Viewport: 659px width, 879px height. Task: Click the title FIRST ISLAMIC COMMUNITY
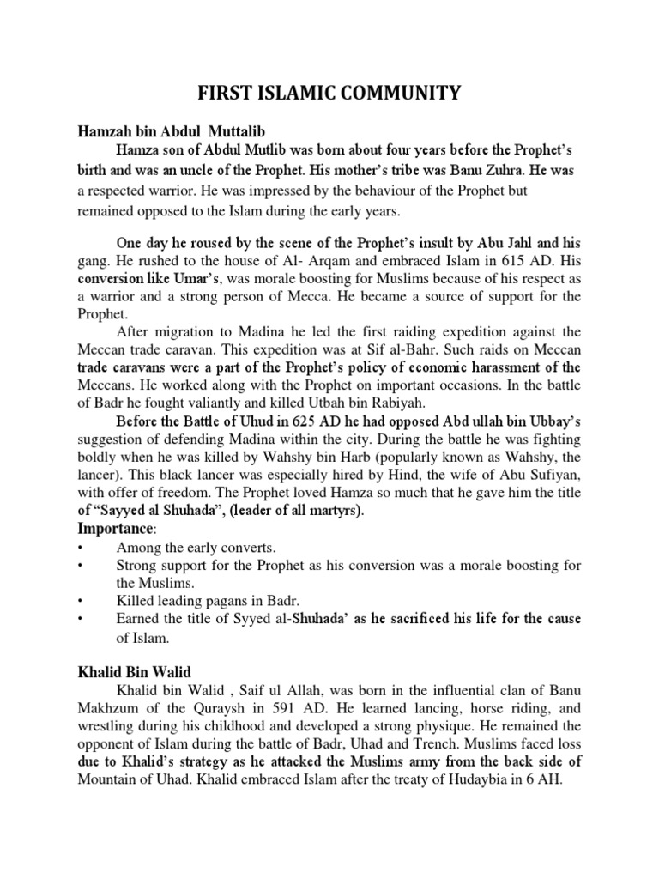point(329,91)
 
